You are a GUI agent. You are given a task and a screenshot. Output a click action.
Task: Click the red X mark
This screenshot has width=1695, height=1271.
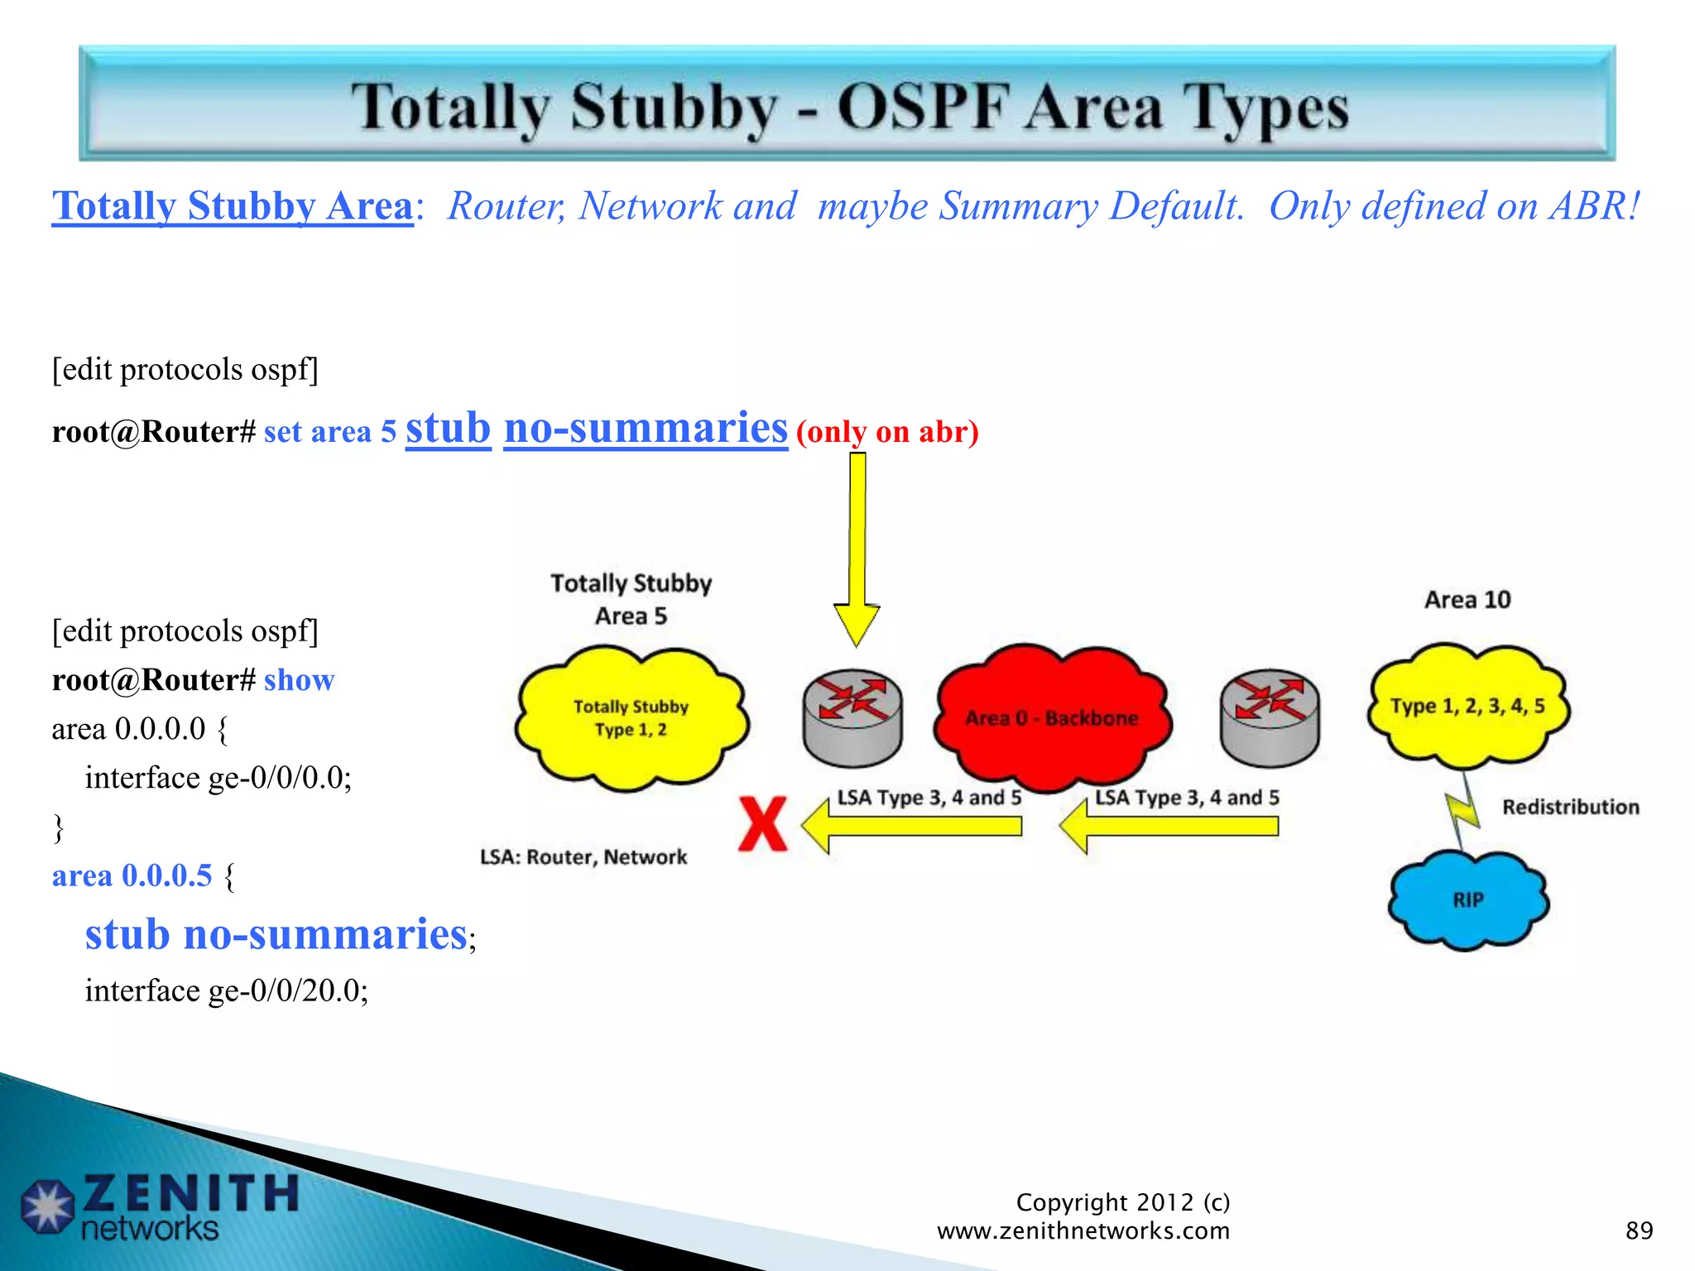762,824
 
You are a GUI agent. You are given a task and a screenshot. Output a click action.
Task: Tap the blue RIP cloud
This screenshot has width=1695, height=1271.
1468,900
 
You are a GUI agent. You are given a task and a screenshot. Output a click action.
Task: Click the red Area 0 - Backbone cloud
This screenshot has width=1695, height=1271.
1051,717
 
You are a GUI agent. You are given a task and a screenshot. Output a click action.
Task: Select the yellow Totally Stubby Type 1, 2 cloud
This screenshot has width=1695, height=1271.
631,718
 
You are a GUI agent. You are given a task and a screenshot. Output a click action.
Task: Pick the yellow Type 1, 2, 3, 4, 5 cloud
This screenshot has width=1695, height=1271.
1467,706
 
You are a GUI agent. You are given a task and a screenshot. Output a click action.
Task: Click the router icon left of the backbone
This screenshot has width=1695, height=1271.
852,717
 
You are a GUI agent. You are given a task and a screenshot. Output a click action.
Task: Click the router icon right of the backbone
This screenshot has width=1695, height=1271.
1270,717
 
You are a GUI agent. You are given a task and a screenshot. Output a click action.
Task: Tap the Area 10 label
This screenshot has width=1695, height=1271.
1467,599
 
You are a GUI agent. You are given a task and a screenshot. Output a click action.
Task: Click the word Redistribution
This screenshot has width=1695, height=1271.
1570,807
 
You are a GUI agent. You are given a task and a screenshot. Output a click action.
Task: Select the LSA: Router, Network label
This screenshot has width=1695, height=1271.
583,856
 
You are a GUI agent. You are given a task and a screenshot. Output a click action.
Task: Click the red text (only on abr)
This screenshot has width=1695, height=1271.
887,432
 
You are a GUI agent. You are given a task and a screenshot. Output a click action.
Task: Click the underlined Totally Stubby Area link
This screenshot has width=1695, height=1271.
233,206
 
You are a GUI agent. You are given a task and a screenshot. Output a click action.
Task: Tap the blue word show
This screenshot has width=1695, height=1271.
299,680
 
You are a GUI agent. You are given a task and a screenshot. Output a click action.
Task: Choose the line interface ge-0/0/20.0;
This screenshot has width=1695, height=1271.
226,990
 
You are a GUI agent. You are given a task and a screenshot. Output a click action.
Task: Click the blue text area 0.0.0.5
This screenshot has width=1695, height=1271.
132,875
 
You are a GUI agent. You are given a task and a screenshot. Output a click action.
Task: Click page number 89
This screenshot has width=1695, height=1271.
1639,1230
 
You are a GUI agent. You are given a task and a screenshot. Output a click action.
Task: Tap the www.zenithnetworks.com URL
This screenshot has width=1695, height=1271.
1083,1230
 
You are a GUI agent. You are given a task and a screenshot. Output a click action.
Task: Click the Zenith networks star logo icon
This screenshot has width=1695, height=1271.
47,1205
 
